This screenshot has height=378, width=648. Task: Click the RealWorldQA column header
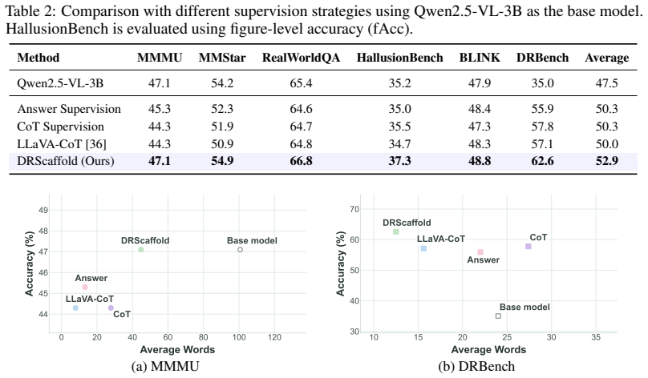(301, 58)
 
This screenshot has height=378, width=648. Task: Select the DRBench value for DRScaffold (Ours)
(542, 161)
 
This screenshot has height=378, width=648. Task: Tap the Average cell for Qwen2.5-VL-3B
(606, 83)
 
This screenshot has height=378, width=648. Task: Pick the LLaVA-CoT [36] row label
(62, 144)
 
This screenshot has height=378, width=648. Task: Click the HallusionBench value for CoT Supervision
(399, 127)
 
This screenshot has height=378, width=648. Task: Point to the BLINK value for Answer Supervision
(480, 109)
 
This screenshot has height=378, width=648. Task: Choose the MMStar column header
(222, 58)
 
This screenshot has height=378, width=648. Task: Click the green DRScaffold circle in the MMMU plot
(141, 250)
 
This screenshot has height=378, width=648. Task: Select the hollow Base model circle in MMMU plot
(240, 250)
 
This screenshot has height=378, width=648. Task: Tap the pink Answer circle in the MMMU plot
(85, 288)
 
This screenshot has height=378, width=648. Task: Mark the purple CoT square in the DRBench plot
(529, 247)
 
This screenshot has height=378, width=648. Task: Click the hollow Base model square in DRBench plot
(498, 316)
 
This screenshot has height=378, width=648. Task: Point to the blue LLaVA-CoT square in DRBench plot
(423, 248)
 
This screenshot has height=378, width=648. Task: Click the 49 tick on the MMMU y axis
(43, 210)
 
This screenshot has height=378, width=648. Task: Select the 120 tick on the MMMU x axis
(274, 337)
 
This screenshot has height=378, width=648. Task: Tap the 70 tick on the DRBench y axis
(354, 209)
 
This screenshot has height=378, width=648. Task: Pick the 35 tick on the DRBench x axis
(596, 337)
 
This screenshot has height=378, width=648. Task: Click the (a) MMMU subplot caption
(165, 366)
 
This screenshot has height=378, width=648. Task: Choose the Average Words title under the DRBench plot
(488, 350)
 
